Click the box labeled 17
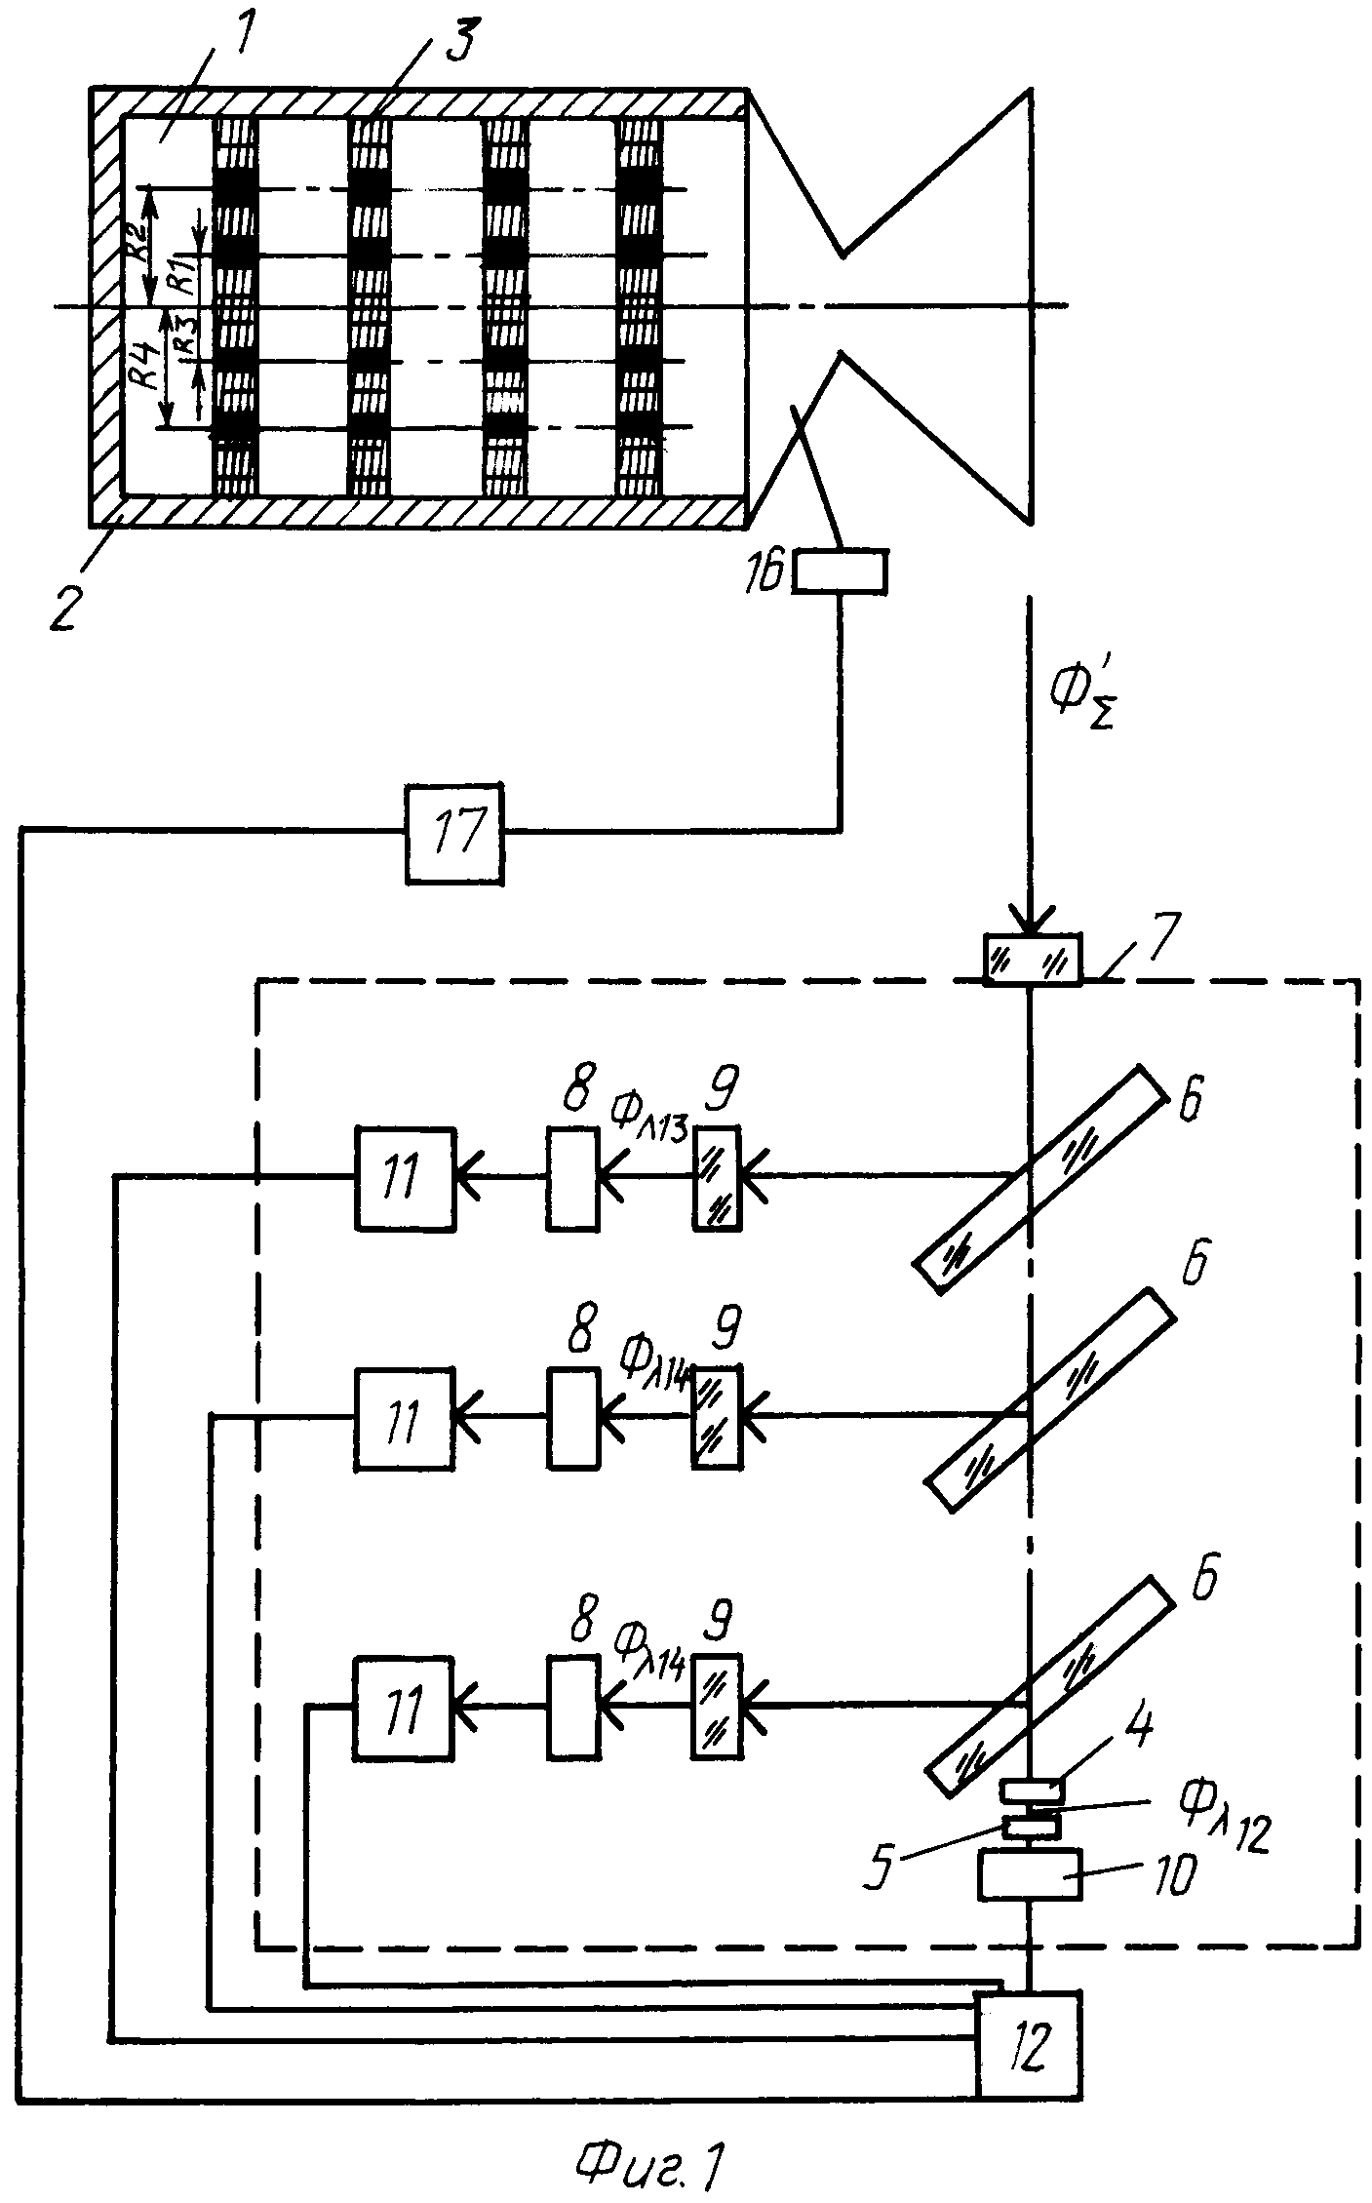tap(456, 833)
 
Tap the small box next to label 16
tap(839, 570)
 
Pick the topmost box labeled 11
tap(404, 1176)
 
